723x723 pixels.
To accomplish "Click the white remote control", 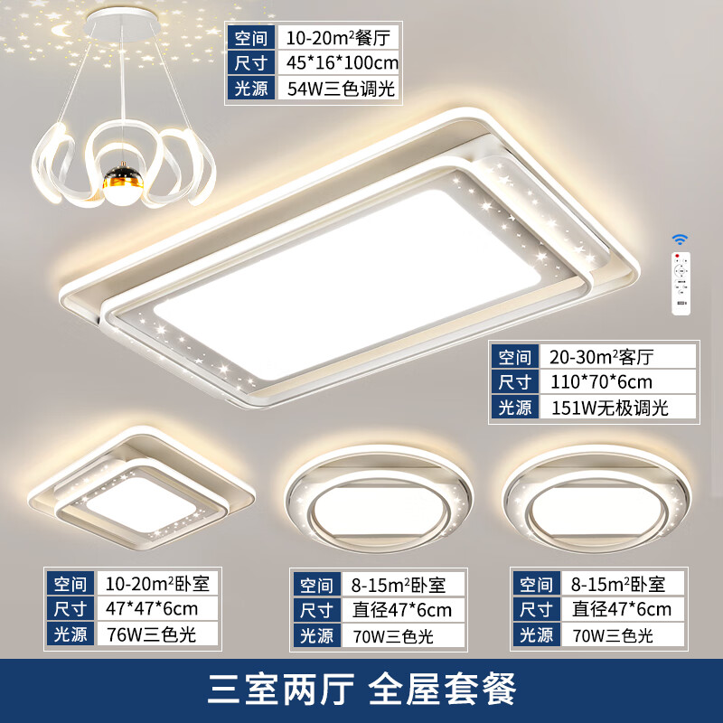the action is [681, 284].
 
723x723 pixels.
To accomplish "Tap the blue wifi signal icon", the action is [680, 239].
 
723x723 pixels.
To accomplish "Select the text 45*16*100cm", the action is [342, 62].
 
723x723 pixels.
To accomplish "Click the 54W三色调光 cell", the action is [338, 89].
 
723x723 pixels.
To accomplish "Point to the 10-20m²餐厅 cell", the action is [338, 37].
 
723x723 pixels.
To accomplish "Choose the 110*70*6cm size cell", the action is [617, 381].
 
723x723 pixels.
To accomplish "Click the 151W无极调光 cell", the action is [617, 408].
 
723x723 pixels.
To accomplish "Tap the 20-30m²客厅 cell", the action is [617, 356].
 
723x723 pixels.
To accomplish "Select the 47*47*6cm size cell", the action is [157, 608].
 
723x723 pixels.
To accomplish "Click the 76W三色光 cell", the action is [157, 634].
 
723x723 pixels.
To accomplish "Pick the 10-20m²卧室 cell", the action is [157, 584].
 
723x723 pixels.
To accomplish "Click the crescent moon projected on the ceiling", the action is [60, 31].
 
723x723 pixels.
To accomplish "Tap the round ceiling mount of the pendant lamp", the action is [122, 23].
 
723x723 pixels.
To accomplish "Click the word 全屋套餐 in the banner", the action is [442, 689].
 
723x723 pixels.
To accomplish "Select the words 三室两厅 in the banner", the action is [281, 689].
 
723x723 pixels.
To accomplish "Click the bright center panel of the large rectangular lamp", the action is [348, 284].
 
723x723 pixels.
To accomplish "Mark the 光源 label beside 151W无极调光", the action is [514, 408].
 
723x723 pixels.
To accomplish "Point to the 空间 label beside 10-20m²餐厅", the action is [251, 37].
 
